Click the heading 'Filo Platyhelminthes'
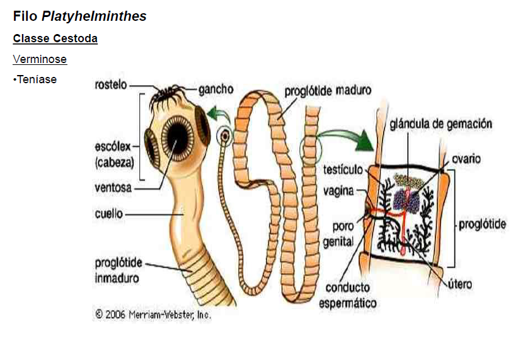pyautogui.click(x=79, y=16)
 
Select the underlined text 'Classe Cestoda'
pyautogui.click(x=55, y=39)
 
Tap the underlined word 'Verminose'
pyautogui.click(x=40, y=60)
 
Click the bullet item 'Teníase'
pyautogui.click(x=35, y=79)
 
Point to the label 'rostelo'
pyautogui.click(x=111, y=84)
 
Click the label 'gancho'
pyautogui.click(x=216, y=90)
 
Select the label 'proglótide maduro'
pyautogui.click(x=328, y=91)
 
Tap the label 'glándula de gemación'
pyautogui.click(x=441, y=124)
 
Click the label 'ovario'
pyautogui.click(x=466, y=159)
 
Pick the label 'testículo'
pyautogui.click(x=343, y=170)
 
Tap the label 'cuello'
pyautogui.click(x=108, y=214)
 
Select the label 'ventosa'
pyautogui.click(x=113, y=187)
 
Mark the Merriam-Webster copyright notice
pyautogui.click(x=153, y=314)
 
